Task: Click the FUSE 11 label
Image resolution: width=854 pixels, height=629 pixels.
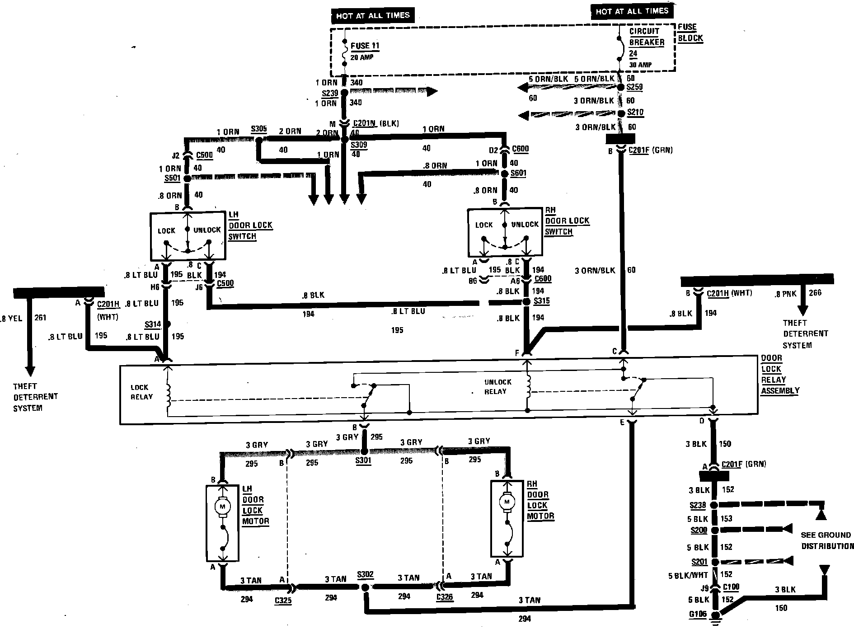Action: click(365, 46)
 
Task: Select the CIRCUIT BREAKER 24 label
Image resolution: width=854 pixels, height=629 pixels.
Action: click(646, 42)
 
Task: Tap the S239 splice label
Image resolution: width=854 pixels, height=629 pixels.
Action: click(329, 93)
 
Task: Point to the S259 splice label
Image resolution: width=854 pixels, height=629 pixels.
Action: click(634, 87)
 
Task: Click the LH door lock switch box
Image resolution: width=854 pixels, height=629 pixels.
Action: click(188, 236)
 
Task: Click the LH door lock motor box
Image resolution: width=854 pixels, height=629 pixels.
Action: click(222, 523)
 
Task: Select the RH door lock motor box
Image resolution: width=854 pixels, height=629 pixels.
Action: click(507, 518)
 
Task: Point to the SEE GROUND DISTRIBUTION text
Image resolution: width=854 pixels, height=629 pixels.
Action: click(827, 540)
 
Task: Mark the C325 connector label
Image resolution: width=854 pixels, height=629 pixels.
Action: click(283, 601)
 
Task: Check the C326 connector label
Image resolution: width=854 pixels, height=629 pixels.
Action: click(445, 597)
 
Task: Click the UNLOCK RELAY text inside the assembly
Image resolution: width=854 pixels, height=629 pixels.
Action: click(497, 387)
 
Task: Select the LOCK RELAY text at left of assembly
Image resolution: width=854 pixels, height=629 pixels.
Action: click(141, 392)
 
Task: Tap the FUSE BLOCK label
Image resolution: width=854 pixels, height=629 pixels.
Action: click(690, 33)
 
